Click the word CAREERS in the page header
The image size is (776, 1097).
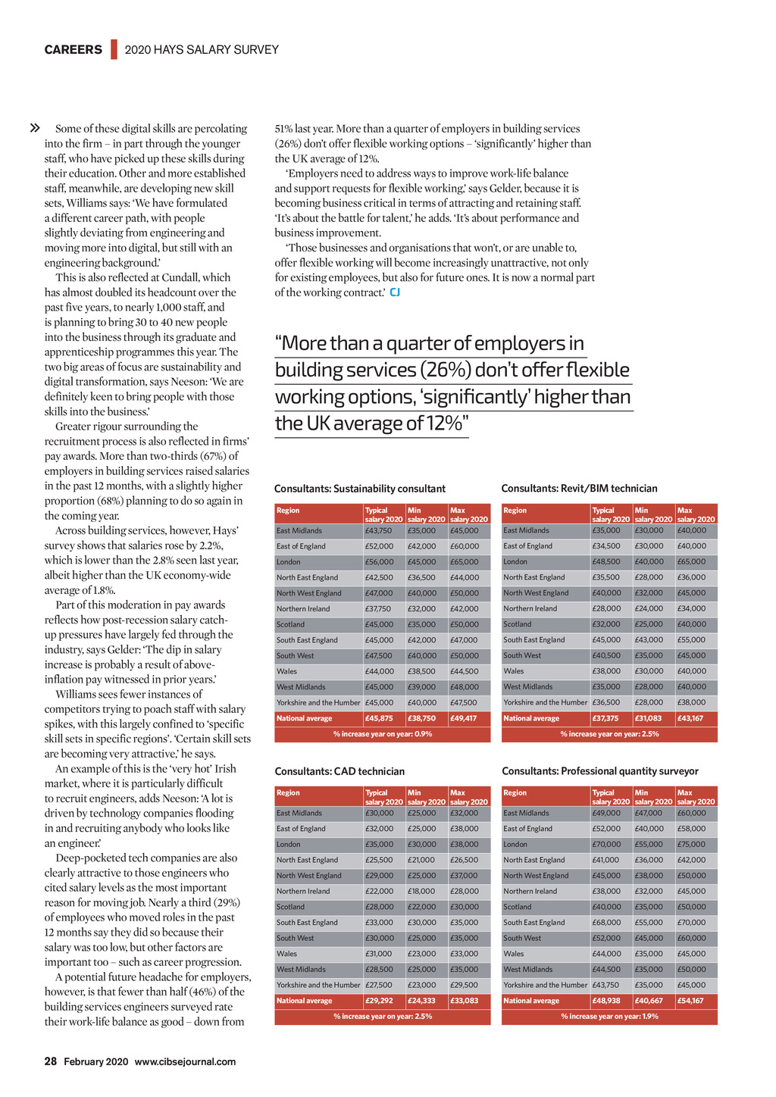tap(73, 50)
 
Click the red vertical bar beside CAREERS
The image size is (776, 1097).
tap(114, 49)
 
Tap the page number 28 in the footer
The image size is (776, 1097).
tap(51, 1061)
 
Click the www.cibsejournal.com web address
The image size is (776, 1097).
tap(185, 1061)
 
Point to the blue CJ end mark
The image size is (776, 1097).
tap(395, 292)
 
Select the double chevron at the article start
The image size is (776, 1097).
tap(34, 128)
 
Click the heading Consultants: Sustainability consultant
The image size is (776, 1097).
tap(360, 489)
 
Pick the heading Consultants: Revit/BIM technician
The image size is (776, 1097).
tap(580, 489)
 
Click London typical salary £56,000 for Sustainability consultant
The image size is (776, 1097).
tap(379, 562)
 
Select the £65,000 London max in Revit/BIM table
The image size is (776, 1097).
tap(691, 561)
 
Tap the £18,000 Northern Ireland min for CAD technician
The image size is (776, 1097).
tap(421, 891)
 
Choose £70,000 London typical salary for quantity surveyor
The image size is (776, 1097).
tap(605, 844)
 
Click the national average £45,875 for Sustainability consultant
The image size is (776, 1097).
tap(379, 718)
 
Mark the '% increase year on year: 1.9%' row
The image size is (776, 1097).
tap(609, 1016)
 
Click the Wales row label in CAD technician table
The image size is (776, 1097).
tap(286, 954)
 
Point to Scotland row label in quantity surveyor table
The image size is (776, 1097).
tap(518, 907)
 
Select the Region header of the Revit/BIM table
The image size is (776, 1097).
tap(515, 511)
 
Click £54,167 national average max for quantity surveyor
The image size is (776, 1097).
tap(690, 1001)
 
